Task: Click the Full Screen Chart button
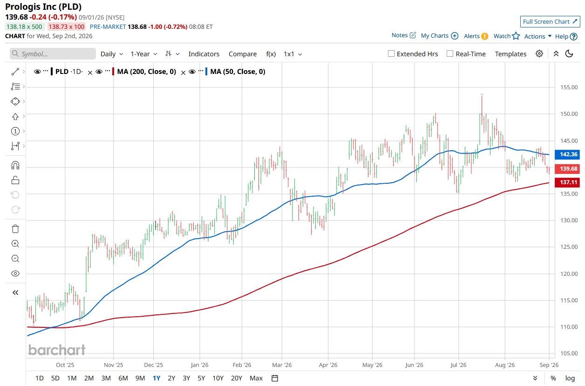[550, 22]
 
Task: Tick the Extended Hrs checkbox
[391, 54]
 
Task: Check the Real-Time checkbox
[450, 54]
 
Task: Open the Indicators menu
[204, 54]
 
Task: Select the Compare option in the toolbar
[243, 54]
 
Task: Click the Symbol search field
[53, 54]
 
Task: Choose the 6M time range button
[123, 378]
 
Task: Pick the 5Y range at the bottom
[201, 378]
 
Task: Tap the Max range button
[256, 378]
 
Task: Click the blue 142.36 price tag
[567, 154]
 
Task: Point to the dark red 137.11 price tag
[567, 182]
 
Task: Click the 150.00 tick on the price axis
[569, 114]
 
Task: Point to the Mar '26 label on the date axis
[282, 365]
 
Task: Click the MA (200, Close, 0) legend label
[147, 72]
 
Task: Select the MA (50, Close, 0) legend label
[238, 72]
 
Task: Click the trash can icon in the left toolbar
[15, 229]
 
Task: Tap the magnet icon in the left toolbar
[15, 166]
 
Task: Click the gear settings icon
[539, 54]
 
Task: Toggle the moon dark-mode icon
[569, 54]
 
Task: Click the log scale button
[570, 378]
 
